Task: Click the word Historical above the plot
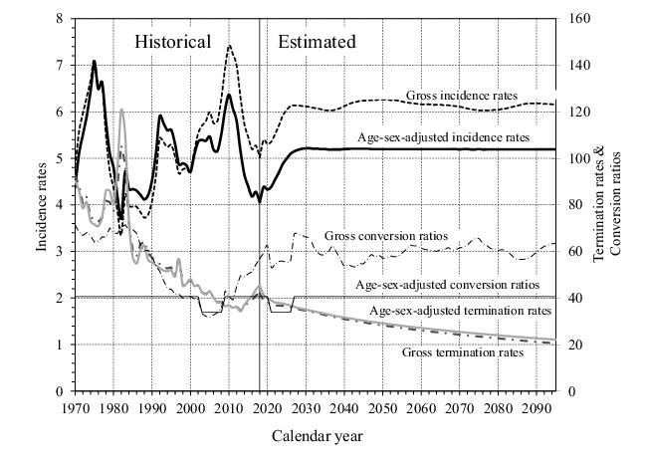pyautogui.click(x=173, y=42)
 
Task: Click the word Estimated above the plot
pyautogui.click(x=317, y=42)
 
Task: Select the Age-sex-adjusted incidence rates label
pyautogui.click(x=443, y=136)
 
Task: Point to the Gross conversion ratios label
pyautogui.click(x=385, y=236)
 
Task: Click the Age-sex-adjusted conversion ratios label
pyautogui.click(x=447, y=285)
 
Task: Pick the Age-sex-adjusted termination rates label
pyautogui.click(x=460, y=311)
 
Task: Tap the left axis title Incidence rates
pyautogui.click(x=43, y=204)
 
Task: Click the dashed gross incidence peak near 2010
pyautogui.click(x=230, y=46)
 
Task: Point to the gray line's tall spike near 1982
pyautogui.click(x=121, y=110)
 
